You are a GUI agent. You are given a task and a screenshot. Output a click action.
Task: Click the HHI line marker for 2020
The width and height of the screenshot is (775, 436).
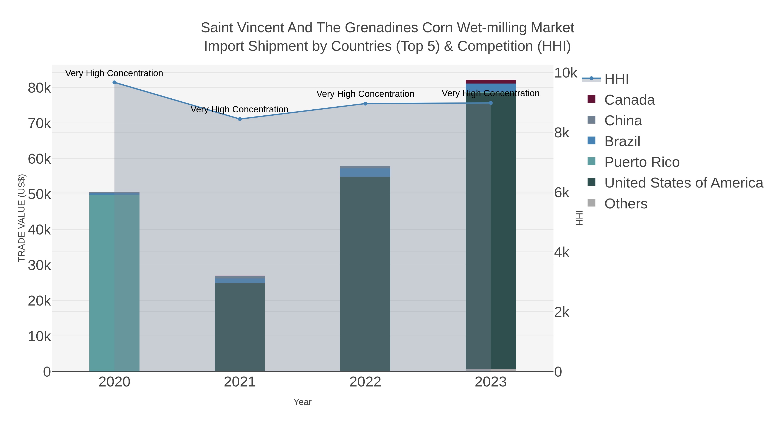click(x=114, y=82)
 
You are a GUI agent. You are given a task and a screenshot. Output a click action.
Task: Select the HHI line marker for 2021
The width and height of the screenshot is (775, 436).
click(x=240, y=119)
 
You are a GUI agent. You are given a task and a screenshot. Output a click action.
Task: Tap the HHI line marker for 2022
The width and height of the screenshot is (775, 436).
click(x=365, y=104)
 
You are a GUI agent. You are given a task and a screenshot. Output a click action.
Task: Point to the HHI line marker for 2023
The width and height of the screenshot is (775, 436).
click(x=491, y=103)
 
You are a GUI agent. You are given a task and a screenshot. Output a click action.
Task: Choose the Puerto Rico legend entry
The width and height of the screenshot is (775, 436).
click(x=642, y=162)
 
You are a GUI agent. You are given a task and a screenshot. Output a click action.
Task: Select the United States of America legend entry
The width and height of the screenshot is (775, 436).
click(x=684, y=183)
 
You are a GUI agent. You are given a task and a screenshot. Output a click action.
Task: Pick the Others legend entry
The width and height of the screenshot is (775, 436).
click(x=626, y=204)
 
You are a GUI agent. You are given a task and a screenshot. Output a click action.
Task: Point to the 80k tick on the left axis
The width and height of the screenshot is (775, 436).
click(x=39, y=88)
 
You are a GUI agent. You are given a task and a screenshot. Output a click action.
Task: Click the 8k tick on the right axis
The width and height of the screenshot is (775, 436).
click(x=562, y=133)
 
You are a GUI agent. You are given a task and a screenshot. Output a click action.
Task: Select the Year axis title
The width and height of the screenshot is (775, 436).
click(x=302, y=402)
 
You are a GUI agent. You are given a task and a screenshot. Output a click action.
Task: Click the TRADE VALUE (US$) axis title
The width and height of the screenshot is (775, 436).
click(x=22, y=218)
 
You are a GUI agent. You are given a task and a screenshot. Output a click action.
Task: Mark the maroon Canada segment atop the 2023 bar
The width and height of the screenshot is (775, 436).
click(x=491, y=82)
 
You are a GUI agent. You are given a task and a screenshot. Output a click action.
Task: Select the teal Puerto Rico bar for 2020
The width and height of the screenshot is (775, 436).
click(x=114, y=283)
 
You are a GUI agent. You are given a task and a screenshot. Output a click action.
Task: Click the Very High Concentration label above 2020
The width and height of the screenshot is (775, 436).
click(x=114, y=73)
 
